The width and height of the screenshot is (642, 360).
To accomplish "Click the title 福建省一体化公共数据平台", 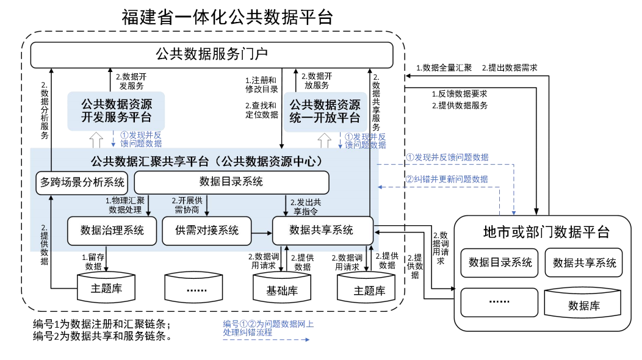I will tap(227, 16).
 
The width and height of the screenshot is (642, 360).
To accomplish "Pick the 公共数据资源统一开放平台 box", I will tap(325, 110).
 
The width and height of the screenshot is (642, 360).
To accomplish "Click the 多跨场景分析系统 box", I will tap(82, 182).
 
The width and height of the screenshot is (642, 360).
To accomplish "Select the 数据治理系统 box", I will tap(112, 230).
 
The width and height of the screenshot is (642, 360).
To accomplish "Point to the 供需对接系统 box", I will tap(207, 230).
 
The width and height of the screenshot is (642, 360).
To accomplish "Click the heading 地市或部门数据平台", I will tap(546, 232).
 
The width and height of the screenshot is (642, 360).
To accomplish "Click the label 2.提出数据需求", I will tap(510, 68).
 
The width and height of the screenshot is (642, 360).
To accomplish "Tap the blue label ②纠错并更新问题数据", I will tap(447, 179).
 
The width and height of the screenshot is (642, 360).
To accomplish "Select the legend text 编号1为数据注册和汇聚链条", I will tap(101, 323).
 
